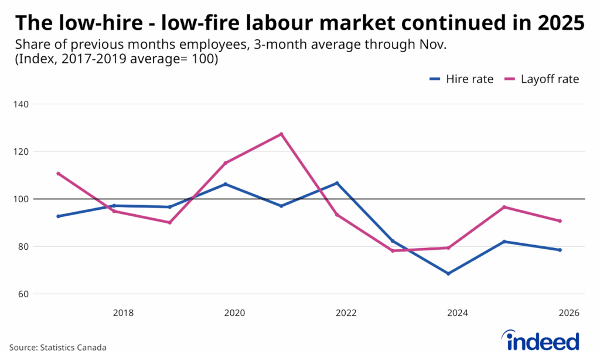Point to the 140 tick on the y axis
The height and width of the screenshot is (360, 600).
coord(23,104)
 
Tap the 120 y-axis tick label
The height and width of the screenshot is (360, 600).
coord(23,152)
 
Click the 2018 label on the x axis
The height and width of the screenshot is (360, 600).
coord(123,313)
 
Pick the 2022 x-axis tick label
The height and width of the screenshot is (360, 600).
coord(346,313)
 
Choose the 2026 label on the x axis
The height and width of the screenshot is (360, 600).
coord(569,313)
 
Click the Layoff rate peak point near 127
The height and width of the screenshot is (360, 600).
coord(281,134)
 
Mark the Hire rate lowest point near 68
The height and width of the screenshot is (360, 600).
coord(448,273)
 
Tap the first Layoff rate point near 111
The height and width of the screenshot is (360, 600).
coord(58,174)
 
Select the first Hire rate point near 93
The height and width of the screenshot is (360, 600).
coord(58,216)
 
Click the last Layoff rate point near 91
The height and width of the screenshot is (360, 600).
coord(560,221)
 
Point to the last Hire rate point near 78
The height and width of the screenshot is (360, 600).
coord(560,250)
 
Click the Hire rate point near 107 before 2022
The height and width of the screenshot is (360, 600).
coord(337,183)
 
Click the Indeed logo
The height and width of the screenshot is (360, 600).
coord(540,340)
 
